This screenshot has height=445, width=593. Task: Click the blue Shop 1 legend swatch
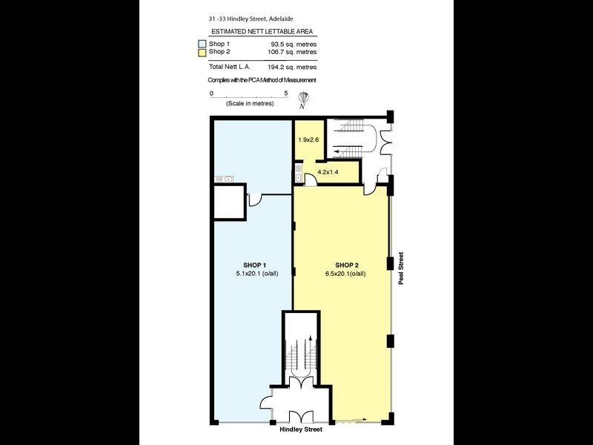202,44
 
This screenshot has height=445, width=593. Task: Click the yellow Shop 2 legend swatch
202,52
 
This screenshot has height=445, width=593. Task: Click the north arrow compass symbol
303,99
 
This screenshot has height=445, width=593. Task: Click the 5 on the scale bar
286,93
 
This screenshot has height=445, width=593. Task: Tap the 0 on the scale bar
211,93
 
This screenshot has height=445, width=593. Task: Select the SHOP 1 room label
254,265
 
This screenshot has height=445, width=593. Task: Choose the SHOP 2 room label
347,265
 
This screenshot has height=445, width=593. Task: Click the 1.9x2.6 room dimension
308,139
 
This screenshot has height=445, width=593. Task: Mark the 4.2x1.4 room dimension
328,172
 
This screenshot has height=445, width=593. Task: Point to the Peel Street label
402,272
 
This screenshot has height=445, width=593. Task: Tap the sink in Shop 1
224,179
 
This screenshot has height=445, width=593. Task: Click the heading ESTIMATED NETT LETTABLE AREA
262,32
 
